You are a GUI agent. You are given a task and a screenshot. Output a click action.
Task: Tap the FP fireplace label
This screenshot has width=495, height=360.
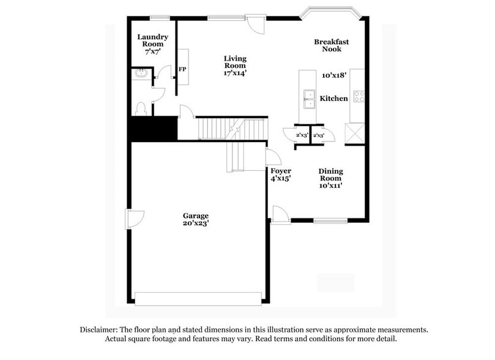(182, 69)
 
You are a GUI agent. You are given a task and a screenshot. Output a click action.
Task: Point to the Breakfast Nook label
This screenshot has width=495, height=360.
(331, 45)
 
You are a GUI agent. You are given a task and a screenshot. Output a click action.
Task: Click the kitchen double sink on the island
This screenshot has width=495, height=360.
(310, 98)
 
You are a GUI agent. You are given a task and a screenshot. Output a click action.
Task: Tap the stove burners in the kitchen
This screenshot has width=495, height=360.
(359, 97)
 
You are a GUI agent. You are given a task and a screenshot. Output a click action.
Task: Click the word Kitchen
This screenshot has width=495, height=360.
(334, 99)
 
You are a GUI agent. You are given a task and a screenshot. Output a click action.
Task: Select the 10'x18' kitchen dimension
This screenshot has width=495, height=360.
(334, 75)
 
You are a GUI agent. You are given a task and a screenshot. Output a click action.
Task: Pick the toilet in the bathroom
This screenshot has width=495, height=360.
(141, 109)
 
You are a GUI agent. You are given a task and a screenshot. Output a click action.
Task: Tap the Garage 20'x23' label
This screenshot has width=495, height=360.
(196, 219)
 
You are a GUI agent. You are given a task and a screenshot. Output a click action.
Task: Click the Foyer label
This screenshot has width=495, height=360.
(281, 171)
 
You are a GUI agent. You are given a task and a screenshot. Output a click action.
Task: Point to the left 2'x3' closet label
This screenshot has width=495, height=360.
(301, 135)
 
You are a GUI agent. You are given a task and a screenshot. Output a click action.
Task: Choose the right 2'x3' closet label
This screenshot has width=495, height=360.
(318, 135)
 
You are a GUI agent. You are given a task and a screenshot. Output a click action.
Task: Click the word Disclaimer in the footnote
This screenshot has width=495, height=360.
(101, 329)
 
